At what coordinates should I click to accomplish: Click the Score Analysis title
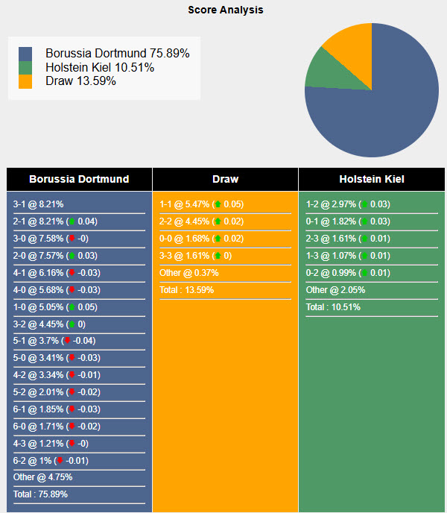pyautogui.click(x=225, y=10)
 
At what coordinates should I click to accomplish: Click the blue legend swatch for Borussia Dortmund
pyautogui.click(x=26, y=54)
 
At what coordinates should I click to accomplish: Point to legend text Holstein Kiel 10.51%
pyautogui.click(x=99, y=68)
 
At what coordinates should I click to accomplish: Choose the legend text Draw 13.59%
pyautogui.click(x=80, y=81)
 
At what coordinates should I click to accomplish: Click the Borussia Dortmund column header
pyautogui.click(x=79, y=179)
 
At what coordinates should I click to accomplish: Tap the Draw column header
pyautogui.click(x=225, y=179)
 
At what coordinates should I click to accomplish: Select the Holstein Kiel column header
pyautogui.click(x=372, y=179)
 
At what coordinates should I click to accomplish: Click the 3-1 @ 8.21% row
pyautogui.click(x=39, y=204)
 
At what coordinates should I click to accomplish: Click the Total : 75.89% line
pyautogui.click(x=41, y=494)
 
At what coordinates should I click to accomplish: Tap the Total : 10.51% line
pyautogui.click(x=333, y=307)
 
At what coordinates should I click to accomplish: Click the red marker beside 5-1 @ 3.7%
pyautogui.click(x=67, y=341)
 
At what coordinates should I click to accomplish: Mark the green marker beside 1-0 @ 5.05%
pyautogui.click(x=71, y=306)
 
